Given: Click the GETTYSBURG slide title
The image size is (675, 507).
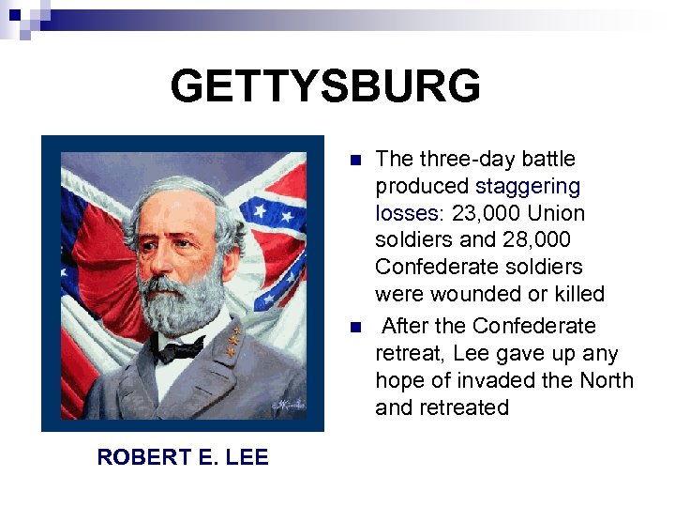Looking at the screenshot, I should [x=325, y=87].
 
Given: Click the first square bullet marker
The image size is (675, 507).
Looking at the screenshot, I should [x=353, y=161].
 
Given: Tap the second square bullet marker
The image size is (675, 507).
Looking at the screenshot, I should [x=353, y=328].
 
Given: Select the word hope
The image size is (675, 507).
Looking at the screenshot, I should [x=398, y=381].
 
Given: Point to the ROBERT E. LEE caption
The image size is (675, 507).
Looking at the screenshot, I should [x=182, y=457].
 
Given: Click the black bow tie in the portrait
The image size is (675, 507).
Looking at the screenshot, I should [x=181, y=349].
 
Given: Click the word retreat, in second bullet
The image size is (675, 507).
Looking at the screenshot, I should [x=406, y=354].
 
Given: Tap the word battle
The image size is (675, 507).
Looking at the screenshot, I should [x=549, y=159].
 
